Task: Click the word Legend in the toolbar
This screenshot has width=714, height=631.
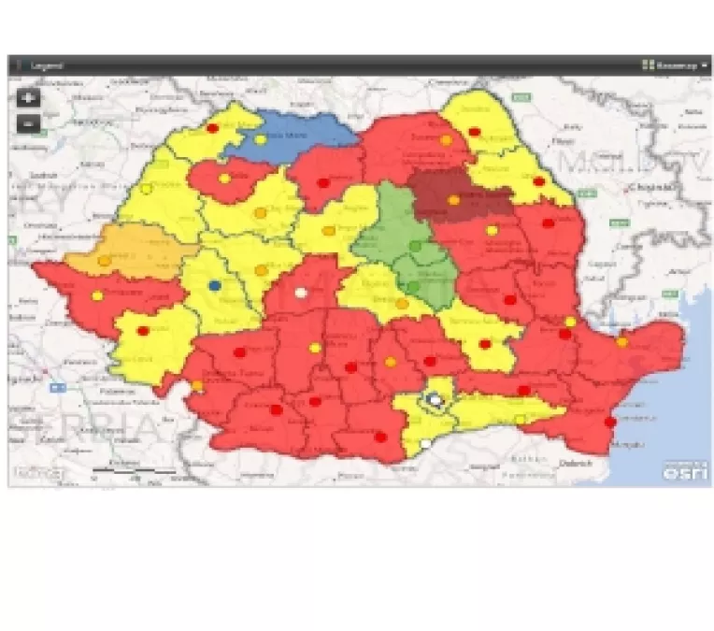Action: (47, 65)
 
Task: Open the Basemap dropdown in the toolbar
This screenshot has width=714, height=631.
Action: (675, 65)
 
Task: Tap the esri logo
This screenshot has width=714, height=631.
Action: (676, 471)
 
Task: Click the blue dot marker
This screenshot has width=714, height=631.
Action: (215, 285)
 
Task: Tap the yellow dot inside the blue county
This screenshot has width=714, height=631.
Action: (261, 139)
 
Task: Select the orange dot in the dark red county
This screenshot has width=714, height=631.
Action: (453, 200)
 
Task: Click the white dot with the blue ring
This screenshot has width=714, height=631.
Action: (434, 399)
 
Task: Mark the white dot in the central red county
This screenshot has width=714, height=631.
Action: (301, 293)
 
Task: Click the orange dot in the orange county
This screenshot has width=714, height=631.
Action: (104, 261)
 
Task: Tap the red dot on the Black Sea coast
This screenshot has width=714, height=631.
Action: (611, 423)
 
